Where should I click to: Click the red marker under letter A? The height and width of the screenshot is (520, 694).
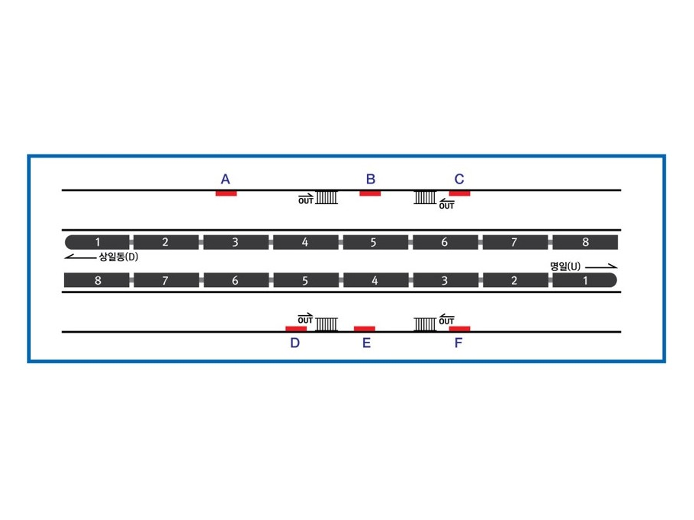[226, 193]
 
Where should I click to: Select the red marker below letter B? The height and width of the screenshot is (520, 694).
[370, 193]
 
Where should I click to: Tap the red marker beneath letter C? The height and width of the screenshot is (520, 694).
[460, 193]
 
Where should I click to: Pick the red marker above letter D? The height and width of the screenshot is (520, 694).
[296, 329]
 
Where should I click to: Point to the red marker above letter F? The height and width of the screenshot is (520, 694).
[460, 329]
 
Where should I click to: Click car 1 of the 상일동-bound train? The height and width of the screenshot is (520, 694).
[97, 242]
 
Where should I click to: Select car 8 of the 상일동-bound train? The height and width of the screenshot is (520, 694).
[585, 242]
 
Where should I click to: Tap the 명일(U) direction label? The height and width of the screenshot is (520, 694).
[565, 267]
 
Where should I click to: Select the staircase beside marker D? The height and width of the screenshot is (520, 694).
[326, 324]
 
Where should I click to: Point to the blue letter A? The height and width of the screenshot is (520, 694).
[225, 179]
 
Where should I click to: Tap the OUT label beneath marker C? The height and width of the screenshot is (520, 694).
[446, 206]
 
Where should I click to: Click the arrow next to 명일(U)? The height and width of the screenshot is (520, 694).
[601, 267]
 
